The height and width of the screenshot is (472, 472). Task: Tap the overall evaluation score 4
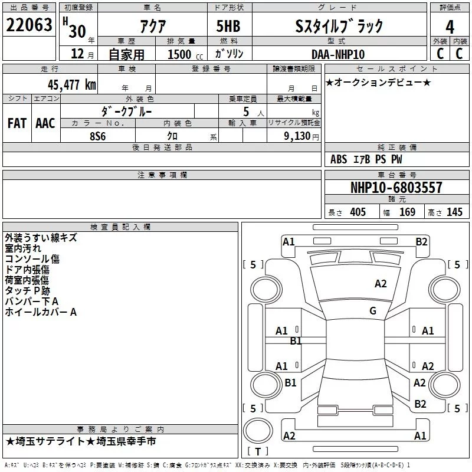pyautogui.click(x=450, y=27)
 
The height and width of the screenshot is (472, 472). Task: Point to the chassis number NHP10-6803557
pyautogui.click(x=396, y=188)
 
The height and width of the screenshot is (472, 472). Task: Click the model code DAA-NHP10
pyautogui.click(x=338, y=54)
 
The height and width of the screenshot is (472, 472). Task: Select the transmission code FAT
pyautogui.click(x=17, y=123)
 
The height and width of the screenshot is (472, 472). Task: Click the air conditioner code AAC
pyautogui.click(x=45, y=123)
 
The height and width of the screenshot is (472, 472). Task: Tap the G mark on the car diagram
pyautogui.click(x=373, y=311)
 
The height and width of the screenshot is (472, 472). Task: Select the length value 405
pyautogui.click(x=358, y=212)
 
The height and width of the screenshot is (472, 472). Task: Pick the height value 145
pyautogui.click(x=454, y=212)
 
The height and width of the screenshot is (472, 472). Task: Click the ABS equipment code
pyautogui.click(x=339, y=159)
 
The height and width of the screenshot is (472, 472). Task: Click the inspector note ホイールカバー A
pyautogui.click(x=41, y=312)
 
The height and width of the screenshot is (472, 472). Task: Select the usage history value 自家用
pyautogui.click(x=126, y=54)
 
